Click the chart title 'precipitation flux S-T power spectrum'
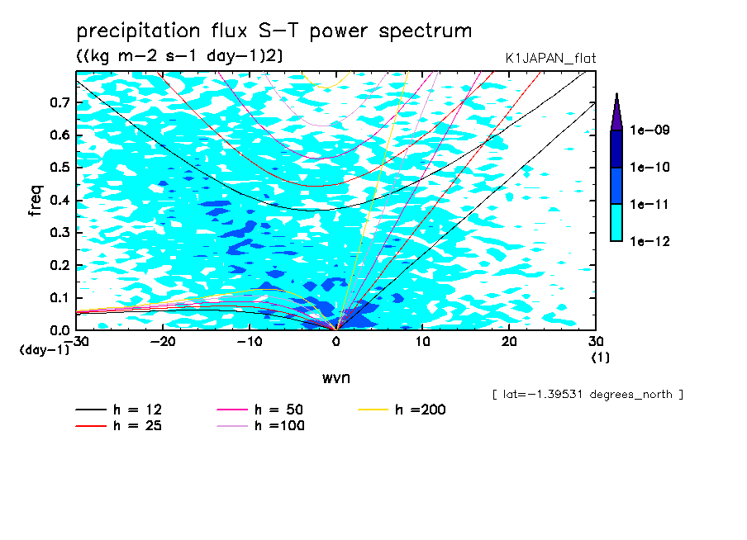274,31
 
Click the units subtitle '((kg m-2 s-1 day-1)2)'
179,55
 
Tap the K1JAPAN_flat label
550,58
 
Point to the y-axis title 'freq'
35,201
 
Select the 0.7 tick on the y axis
59,102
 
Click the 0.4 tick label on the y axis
59,201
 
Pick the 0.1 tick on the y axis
59,298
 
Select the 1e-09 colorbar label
650,130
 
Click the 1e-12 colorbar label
650,241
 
